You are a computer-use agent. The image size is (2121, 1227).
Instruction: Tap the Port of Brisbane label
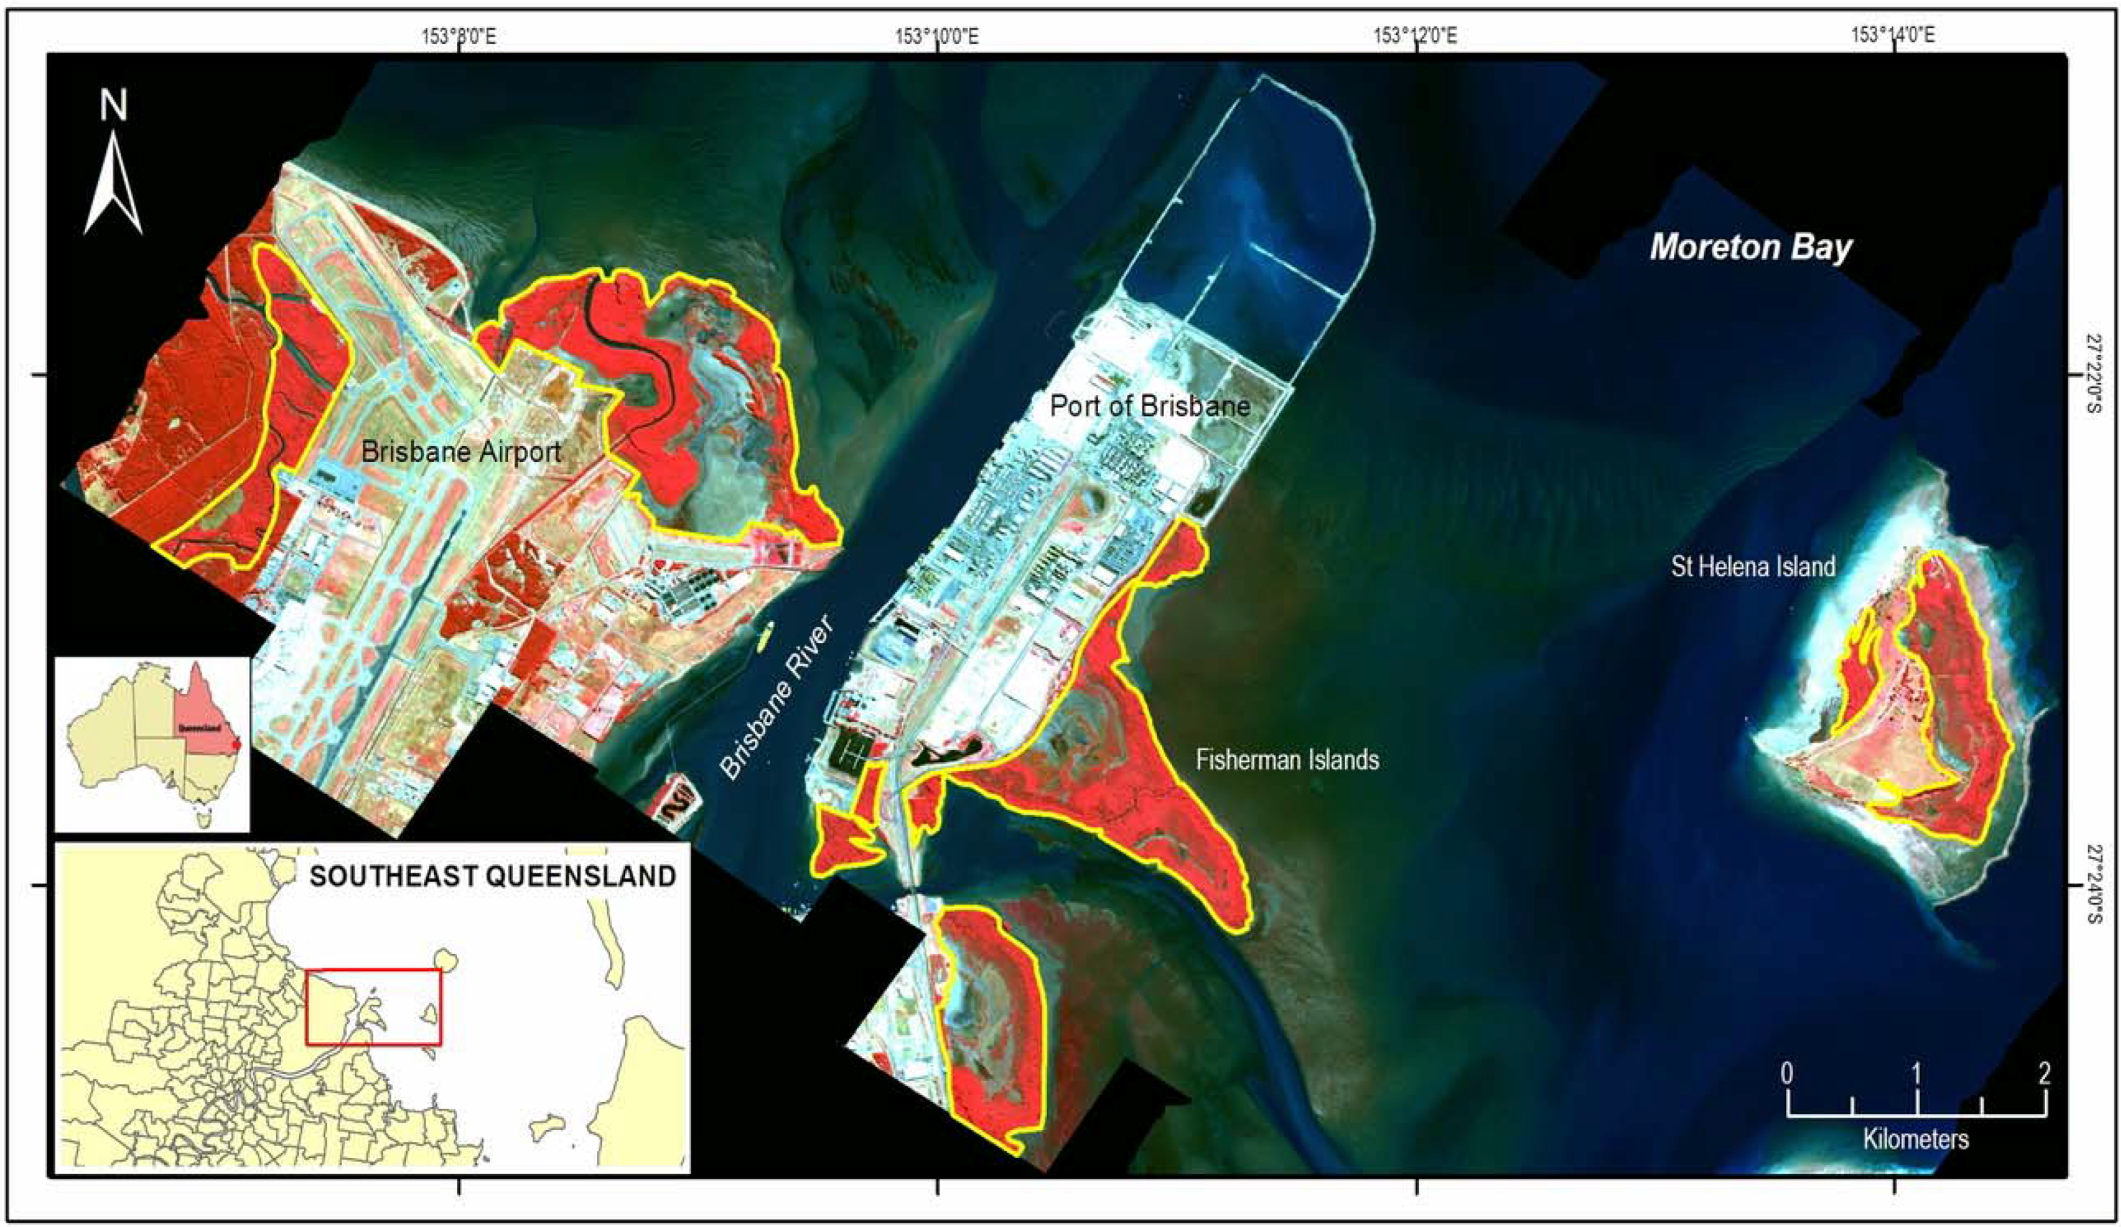coord(1150,407)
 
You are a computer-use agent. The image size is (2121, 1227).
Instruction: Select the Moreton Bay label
coord(1751,248)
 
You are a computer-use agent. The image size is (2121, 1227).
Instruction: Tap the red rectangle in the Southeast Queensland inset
coord(373,1007)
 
